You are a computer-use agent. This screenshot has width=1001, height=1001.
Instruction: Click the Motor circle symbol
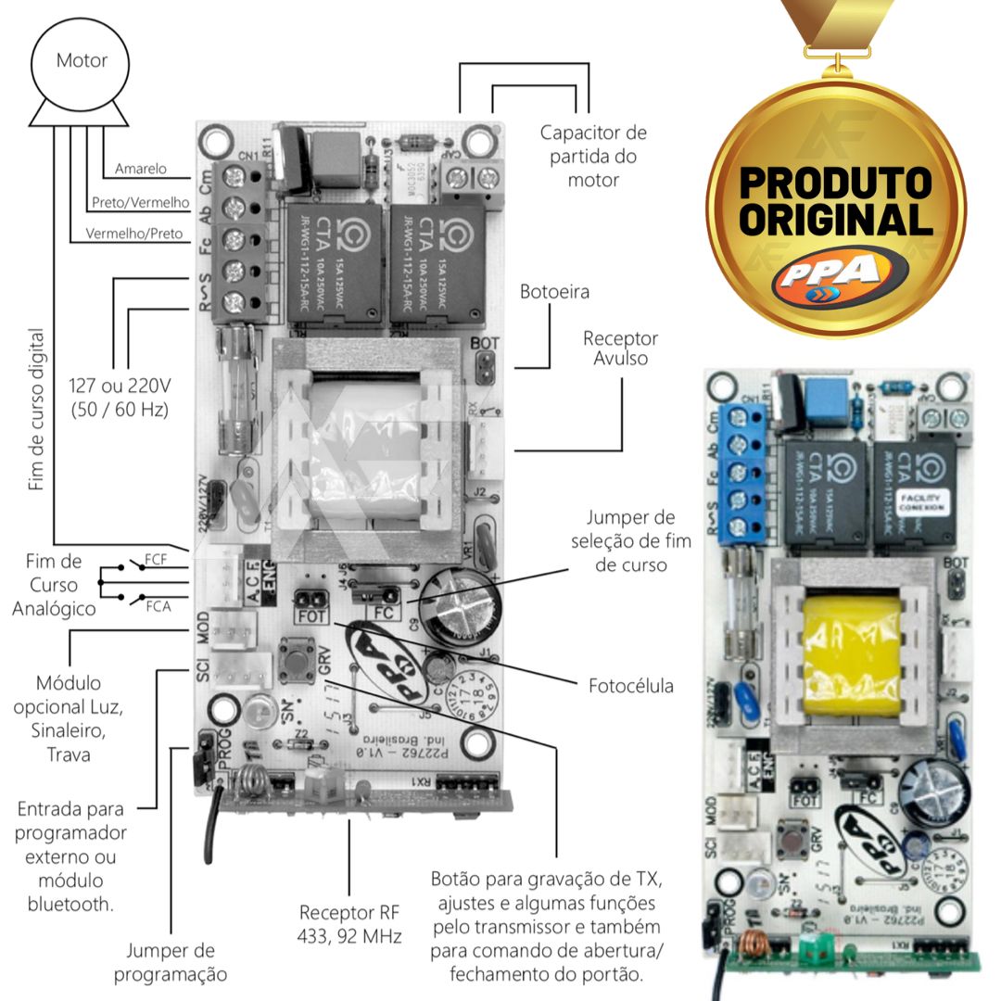click(82, 62)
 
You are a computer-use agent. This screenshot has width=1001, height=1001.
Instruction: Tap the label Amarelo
click(141, 169)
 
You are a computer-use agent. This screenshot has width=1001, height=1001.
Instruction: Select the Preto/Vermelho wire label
click(141, 202)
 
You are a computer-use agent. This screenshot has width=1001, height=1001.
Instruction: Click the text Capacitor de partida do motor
click(593, 156)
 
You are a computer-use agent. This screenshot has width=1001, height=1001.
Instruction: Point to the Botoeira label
click(554, 292)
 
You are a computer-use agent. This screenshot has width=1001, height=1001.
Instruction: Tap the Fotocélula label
click(631, 687)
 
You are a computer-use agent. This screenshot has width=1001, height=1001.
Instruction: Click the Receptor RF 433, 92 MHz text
click(350, 924)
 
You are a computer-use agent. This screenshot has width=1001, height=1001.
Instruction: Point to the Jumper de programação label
click(171, 962)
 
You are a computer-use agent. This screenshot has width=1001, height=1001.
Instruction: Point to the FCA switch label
click(157, 606)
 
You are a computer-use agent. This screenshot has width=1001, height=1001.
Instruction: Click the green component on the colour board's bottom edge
click(817, 948)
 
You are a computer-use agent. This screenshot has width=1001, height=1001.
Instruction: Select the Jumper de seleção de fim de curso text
click(630, 540)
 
